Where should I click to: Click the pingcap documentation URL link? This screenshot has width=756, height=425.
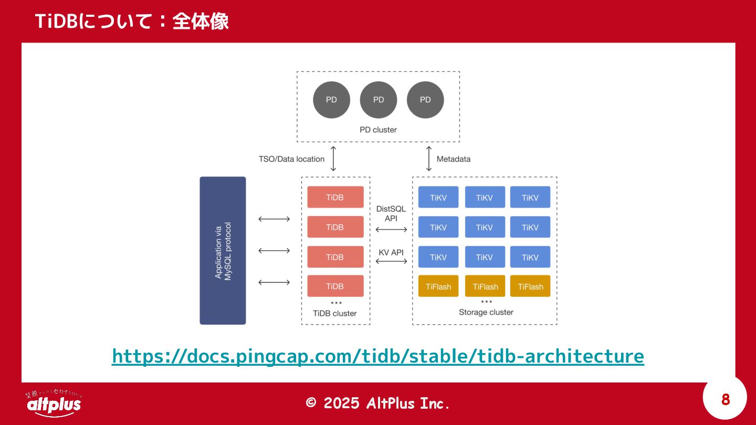[x=377, y=356]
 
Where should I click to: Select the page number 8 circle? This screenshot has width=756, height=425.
[x=725, y=400]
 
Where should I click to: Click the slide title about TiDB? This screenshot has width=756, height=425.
[x=132, y=22]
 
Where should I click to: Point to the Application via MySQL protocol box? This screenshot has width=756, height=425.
[x=223, y=250]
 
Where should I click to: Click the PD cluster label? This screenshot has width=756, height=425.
[x=378, y=130]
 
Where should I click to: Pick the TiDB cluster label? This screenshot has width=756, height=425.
[x=334, y=313]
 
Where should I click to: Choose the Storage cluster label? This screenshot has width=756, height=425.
[x=486, y=312]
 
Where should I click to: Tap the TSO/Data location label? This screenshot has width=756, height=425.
[x=291, y=159]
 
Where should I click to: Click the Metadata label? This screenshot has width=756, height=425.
[x=454, y=159]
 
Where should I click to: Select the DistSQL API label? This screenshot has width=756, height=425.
[x=391, y=214]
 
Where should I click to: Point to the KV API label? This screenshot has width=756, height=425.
[x=391, y=252]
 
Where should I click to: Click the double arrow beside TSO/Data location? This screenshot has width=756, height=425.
[x=333, y=159]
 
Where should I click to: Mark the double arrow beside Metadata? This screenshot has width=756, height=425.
[x=429, y=159]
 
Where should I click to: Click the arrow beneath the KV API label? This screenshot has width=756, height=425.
[x=392, y=261]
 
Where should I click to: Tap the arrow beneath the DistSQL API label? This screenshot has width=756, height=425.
[x=392, y=229]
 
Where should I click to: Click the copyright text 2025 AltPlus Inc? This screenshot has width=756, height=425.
[x=378, y=403]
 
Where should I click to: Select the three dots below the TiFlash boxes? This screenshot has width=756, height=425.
[x=487, y=302]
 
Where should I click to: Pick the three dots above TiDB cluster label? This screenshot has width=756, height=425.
[x=336, y=303]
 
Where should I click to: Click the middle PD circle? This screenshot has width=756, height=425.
[x=379, y=100]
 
